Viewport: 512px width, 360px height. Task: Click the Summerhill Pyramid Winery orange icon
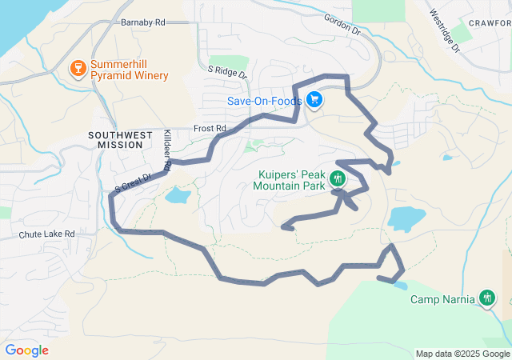(x=78, y=66)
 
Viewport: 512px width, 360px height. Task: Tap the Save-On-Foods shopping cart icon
(x=315, y=101)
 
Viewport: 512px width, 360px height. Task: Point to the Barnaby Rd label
(x=142, y=22)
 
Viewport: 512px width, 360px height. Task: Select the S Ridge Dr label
(x=228, y=71)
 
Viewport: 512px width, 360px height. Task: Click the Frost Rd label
(x=211, y=128)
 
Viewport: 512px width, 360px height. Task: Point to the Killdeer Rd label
(x=166, y=150)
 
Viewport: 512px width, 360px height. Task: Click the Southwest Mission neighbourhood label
(x=120, y=140)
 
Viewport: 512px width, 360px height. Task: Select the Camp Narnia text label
(x=443, y=300)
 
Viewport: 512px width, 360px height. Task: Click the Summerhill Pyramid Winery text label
(x=130, y=70)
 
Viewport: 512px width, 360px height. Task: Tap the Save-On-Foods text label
(x=264, y=102)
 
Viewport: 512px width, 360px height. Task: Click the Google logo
(x=26, y=350)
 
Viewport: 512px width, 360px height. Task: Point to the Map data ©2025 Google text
(x=462, y=354)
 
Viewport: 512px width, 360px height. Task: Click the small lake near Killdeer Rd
(x=178, y=195)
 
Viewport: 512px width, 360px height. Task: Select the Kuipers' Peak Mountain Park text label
(x=290, y=180)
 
